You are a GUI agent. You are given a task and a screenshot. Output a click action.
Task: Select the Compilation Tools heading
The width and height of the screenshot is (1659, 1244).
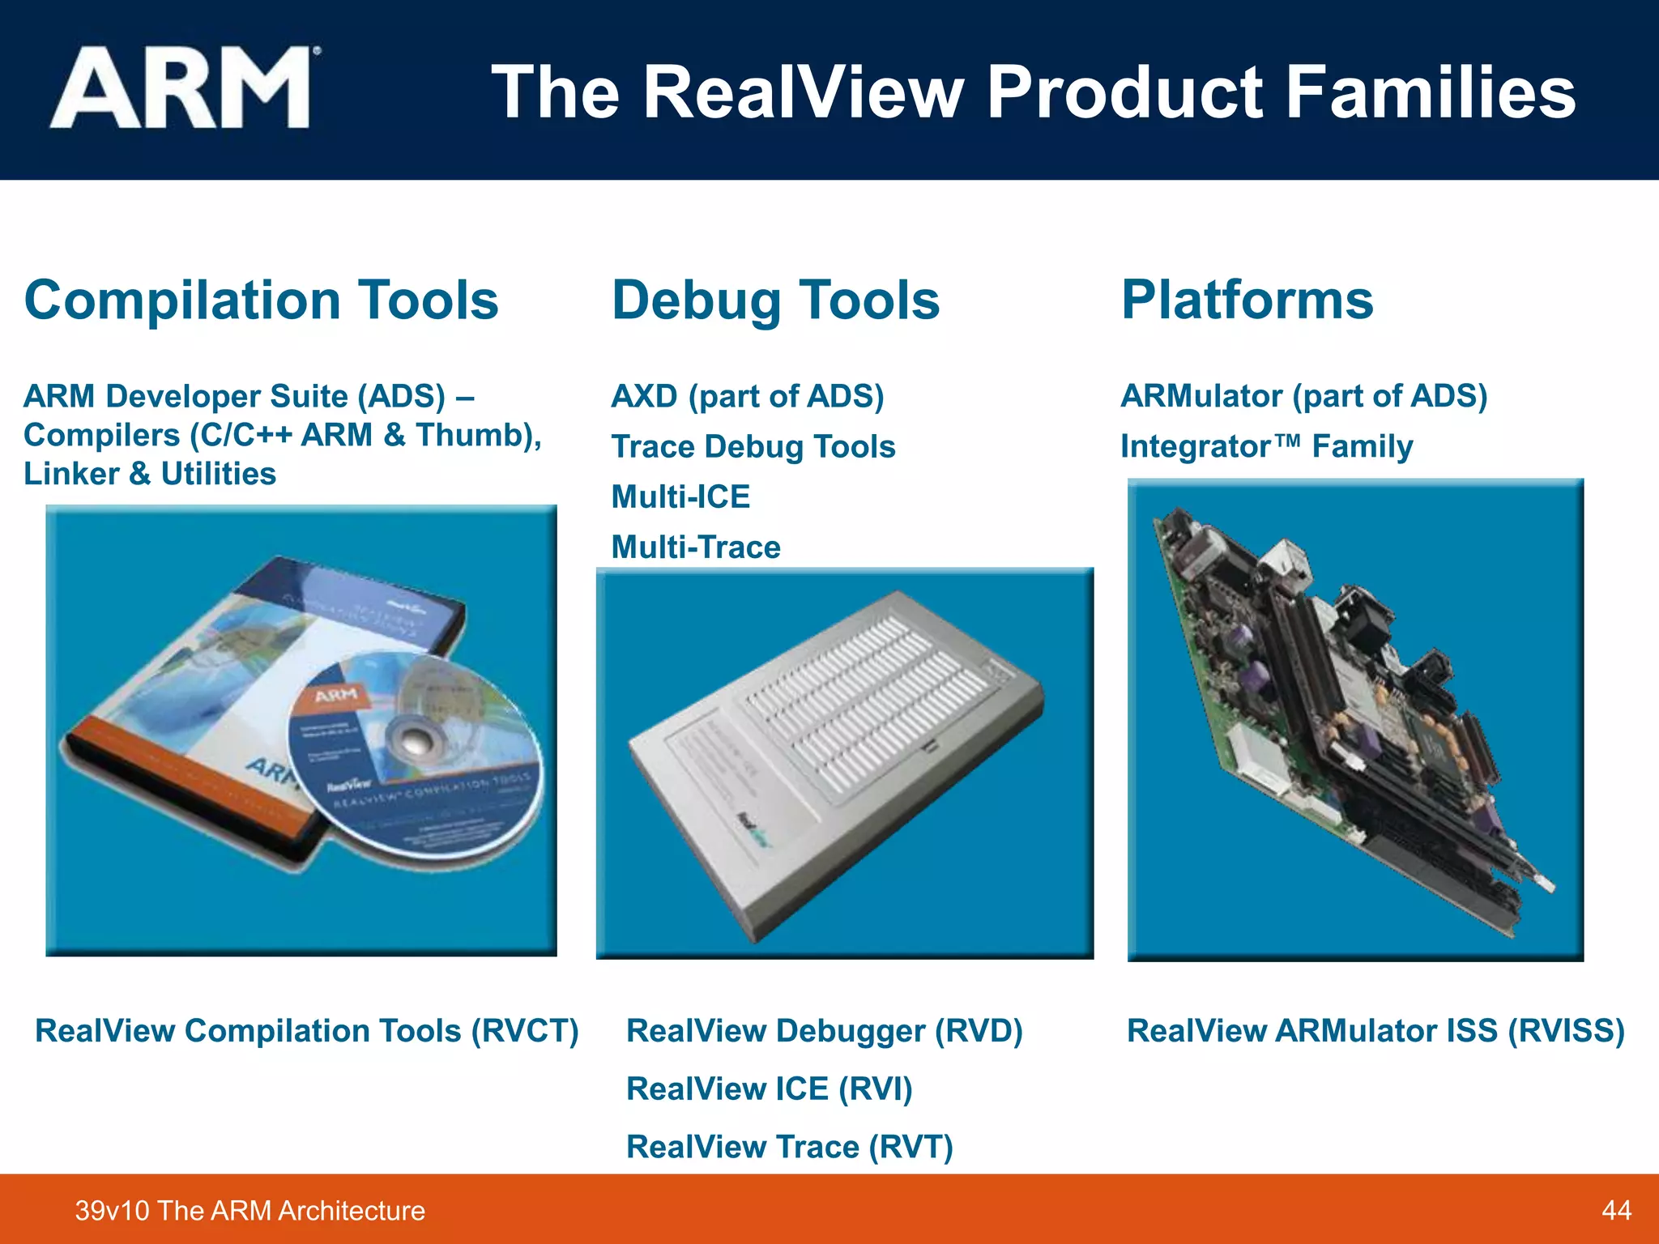pyautogui.click(x=261, y=300)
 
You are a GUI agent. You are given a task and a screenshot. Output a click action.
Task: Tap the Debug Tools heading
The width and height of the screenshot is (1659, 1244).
pyautogui.click(x=775, y=300)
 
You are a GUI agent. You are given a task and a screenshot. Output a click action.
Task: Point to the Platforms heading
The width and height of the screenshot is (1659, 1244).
pyautogui.click(x=1247, y=300)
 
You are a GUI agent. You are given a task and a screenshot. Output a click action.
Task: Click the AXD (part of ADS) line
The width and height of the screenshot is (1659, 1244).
pyautogui.click(x=747, y=397)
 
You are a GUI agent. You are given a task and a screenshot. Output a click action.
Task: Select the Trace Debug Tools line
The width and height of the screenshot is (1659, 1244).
pyautogui.click(x=753, y=447)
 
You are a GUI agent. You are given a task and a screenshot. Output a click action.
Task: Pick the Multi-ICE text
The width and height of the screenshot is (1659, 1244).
pyautogui.click(x=680, y=497)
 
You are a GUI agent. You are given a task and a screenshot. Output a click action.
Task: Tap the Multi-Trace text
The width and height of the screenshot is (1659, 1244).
pyautogui.click(x=696, y=547)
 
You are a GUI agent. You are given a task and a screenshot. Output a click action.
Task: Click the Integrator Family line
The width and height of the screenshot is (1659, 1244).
pyautogui.click(x=1266, y=447)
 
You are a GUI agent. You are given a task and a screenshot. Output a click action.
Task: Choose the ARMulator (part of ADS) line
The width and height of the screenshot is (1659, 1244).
pyautogui.click(x=1303, y=397)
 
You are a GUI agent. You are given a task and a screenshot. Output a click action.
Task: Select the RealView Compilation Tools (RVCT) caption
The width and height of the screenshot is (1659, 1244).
pyautogui.click(x=307, y=1031)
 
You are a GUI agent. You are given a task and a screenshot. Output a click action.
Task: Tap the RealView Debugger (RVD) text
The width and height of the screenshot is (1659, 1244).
pyautogui.click(x=825, y=1031)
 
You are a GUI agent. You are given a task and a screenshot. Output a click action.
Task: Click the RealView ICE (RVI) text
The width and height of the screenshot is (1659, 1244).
pyautogui.click(x=769, y=1089)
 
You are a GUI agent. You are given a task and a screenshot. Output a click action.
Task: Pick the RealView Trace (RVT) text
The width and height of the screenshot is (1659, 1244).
pyautogui.click(x=789, y=1148)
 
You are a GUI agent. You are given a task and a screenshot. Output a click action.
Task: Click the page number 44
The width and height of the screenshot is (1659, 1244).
pyautogui.click(x=1616, y=1211)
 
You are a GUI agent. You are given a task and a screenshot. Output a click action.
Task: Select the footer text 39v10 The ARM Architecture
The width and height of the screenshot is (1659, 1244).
pyautogui.click(x=249, y=1211)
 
